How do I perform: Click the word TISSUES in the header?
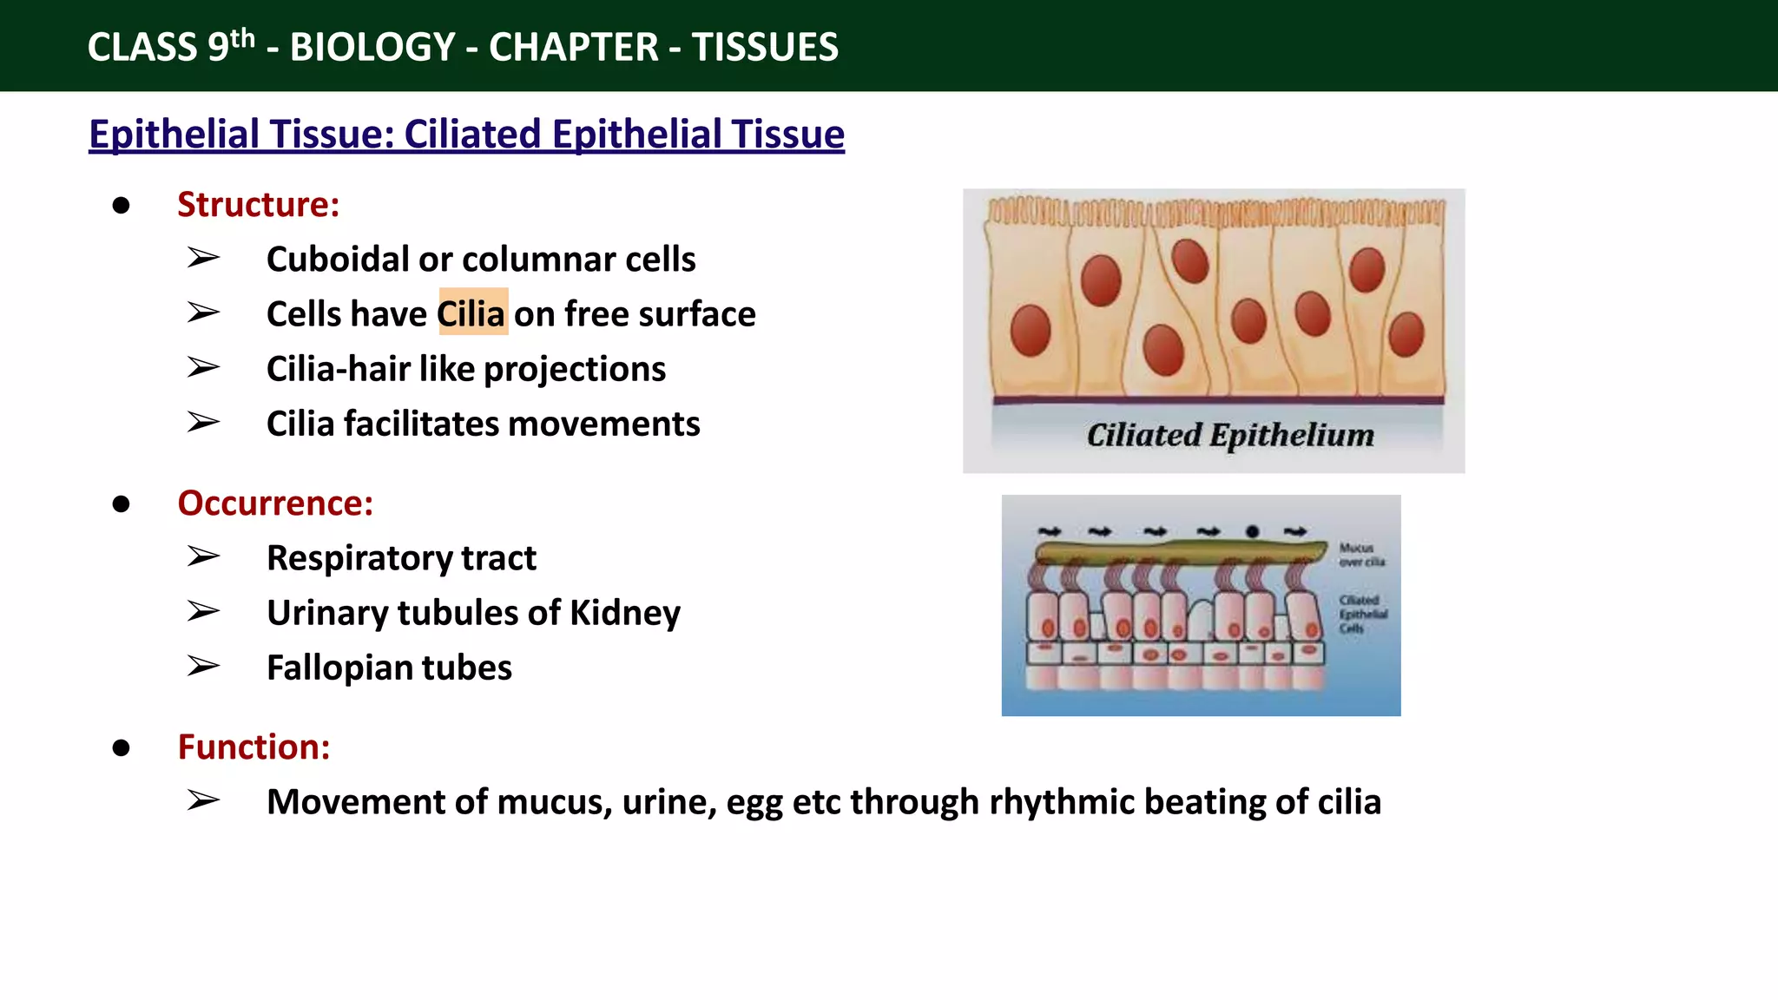(x=765, y=47)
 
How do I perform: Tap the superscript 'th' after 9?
(x=243, y=38)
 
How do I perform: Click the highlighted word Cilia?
(x=471, y=313)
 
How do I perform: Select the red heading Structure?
(x=258, y=204)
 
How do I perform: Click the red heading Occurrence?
(x=275, y=503)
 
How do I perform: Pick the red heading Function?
(x=254, y=747)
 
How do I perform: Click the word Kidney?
(x=625, y=613)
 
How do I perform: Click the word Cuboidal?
(x=338, y=260)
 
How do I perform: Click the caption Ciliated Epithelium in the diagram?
(x=1230, y=435)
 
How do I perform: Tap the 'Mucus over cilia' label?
(x=1361, y=555)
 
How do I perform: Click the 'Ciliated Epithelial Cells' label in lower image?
(x=1362, y=614)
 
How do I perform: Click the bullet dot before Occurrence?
(x=122, y=504)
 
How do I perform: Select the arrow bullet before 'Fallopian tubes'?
(x=203, y=667)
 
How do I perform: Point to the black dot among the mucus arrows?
(x=1252, y=531)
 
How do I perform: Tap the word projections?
(x=575, y=370)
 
